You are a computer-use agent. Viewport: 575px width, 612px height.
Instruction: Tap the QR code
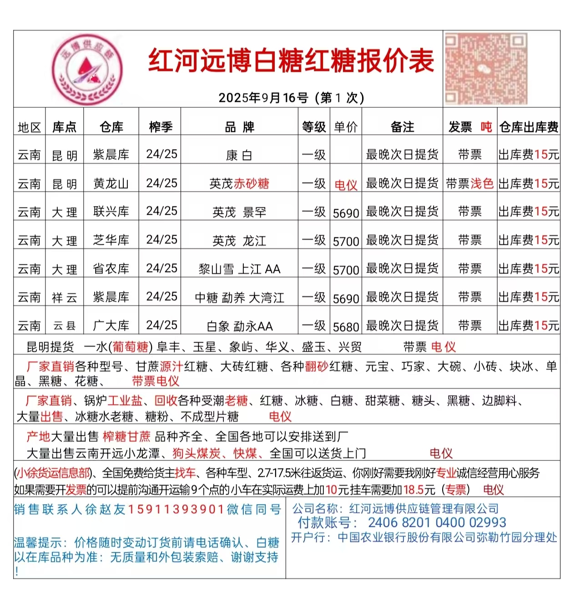tap(486, 69)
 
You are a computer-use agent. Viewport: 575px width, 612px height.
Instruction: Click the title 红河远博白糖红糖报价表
tap(291, 61)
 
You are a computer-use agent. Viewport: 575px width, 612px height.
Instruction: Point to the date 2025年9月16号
tap(263, 98)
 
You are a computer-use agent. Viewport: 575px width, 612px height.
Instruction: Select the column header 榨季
tap(160, 127)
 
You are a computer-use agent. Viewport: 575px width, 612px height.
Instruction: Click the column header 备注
tap(402, 127)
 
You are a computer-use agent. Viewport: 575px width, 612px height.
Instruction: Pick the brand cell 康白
tap(239, 156)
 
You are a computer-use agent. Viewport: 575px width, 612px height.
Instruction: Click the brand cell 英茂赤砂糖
tap(239, 184)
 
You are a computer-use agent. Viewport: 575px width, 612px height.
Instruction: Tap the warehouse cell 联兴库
tap(111, 212)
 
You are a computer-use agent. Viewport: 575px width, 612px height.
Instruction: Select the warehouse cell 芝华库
tap(111, 240)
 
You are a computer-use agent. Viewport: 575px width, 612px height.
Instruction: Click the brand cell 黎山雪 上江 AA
tap(239, 269)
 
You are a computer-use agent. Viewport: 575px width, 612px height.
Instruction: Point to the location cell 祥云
tap(65, 298)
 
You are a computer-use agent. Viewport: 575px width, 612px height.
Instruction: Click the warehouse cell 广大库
tap(111, 326)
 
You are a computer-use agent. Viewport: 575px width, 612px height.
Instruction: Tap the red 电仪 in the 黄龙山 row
tap(346, 185)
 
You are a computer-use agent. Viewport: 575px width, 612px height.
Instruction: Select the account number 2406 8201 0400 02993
tap(437, 522)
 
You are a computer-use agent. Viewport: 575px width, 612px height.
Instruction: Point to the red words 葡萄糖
tap(131, 347)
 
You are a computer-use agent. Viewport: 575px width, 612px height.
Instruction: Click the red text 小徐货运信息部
tap(53, 473)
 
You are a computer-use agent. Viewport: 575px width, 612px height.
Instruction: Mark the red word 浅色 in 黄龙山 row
tap(482, 183)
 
